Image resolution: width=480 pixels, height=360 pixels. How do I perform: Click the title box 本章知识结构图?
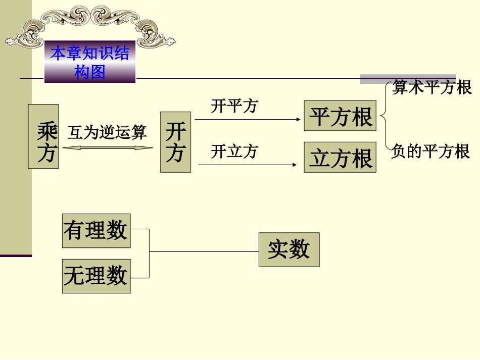[90, 62]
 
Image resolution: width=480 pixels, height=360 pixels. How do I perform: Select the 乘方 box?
[43, 136]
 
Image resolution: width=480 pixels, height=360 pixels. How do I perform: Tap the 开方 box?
[175, 142]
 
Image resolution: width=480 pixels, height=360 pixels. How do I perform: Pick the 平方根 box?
[340, 116]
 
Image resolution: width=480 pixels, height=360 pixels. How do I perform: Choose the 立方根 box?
[340, 157]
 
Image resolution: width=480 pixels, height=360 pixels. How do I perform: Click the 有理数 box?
[96, 231]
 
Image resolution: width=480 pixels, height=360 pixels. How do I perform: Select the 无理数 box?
[96, 276]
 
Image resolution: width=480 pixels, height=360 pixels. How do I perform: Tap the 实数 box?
[289, 249]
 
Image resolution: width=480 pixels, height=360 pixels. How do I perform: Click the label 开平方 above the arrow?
[234, 106]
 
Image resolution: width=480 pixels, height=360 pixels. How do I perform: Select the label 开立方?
[234, 151]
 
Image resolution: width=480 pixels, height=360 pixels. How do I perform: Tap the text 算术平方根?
[432, 87]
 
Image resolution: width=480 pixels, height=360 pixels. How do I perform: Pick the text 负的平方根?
[430, 151]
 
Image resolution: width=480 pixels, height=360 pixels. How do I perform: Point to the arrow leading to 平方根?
[248, 120]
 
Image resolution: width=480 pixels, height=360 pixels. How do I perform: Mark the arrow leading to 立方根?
[248, 164]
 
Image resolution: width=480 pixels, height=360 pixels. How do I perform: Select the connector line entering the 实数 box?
[204, 251]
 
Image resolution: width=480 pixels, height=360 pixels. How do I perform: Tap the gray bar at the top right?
[407, 79]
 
